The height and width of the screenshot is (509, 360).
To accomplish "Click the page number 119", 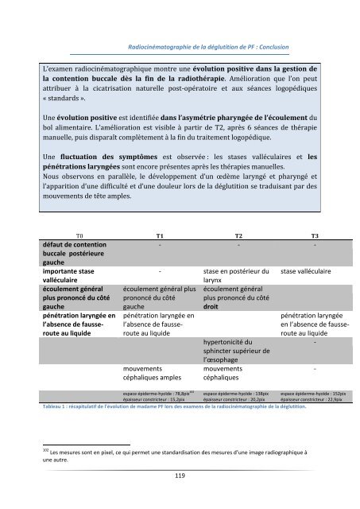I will point(180,476).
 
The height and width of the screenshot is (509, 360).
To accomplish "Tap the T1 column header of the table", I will point(160,236).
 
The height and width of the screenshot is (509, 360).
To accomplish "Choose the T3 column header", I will point(315,236).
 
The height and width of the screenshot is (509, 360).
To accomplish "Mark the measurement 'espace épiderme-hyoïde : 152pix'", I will point(316,393).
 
